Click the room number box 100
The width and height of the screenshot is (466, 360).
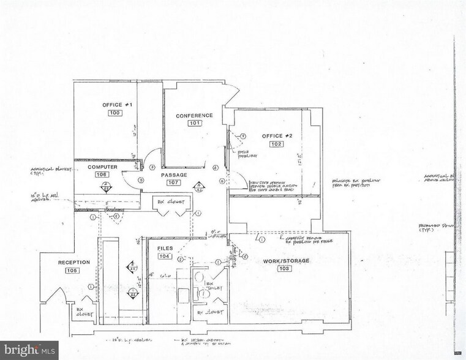click(115, 113)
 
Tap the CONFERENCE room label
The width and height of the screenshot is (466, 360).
click(194, 116)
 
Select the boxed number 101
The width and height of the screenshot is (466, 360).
click(194, 124)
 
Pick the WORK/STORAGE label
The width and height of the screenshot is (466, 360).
click(285, 261)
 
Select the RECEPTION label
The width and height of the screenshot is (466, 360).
click(74, 263)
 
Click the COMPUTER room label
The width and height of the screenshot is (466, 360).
click(102, 167)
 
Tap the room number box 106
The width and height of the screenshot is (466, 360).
click(102, 174)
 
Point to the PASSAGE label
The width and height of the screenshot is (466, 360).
click(174, 175)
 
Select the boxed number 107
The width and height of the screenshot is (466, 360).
click(173, 182)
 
